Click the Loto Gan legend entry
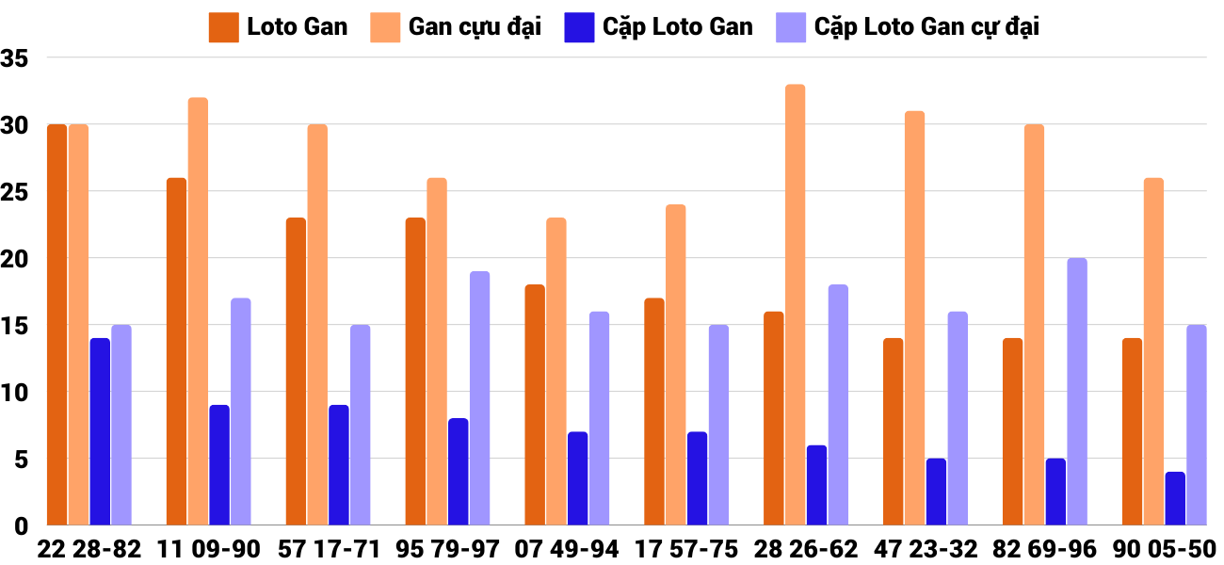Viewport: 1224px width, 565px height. tap(279, 27)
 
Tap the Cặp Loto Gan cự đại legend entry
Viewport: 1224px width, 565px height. tap(908, 27)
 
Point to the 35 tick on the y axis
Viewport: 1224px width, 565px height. tap(17, 58)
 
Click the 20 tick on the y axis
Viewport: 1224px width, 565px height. tap(17, 258)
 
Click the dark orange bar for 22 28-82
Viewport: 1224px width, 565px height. tap(57, 325)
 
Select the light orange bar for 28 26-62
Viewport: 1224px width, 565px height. tap(796, 304)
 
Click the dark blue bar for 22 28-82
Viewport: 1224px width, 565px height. tap(100, 431)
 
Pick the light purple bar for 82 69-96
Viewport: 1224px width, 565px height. tap(1077, 391)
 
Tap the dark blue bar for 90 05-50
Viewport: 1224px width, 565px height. tap(1175, 498)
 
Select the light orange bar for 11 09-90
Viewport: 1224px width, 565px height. tap(198, 311)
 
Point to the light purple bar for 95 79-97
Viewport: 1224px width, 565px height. tap(479, 397)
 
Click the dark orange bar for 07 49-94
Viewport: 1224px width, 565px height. tap(535, 405)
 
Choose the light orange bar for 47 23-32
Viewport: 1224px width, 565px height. tap(914, 317)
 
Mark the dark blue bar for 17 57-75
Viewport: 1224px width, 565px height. tap(697, 477)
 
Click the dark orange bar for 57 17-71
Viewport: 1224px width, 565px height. tap(296, 371)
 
